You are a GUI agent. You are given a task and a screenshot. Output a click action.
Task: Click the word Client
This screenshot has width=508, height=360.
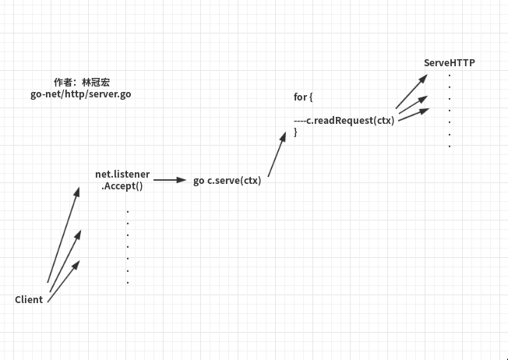29,299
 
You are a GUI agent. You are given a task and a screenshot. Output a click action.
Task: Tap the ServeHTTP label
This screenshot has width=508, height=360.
449,62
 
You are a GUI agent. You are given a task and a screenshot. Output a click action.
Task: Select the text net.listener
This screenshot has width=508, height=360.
122,174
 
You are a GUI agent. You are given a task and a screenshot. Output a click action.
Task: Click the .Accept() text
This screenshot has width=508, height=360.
122,187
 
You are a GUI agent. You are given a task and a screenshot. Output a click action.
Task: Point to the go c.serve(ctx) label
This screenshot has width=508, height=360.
227,181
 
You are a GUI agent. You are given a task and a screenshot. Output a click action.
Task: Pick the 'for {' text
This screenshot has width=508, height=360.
302,97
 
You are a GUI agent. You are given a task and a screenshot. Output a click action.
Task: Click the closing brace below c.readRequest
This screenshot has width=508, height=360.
295,132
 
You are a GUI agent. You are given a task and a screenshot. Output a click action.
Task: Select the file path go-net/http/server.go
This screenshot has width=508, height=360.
80,93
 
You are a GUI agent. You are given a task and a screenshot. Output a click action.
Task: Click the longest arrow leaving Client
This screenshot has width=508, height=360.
63,235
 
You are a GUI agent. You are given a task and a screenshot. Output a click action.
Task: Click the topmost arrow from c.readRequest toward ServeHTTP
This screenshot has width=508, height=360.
411,91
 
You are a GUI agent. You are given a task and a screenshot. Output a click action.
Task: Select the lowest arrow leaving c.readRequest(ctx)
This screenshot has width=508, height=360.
413,115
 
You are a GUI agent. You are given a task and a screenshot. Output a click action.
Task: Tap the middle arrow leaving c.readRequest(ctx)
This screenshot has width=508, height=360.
412,105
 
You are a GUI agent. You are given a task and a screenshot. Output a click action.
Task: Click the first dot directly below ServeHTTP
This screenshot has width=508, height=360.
450,75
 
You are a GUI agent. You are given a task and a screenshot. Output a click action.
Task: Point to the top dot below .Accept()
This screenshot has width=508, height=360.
127,211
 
